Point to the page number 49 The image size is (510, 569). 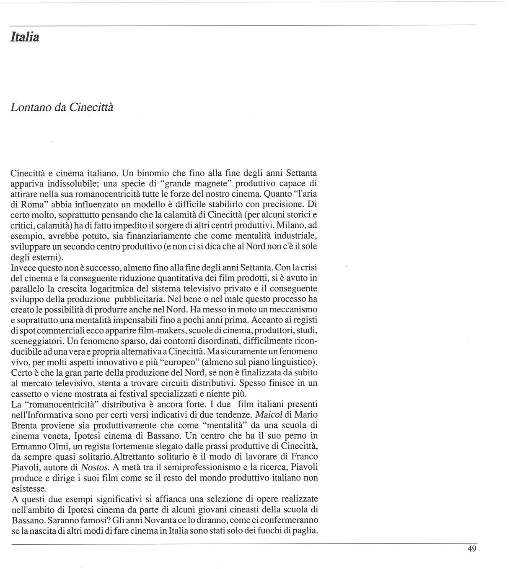[x=471, y=549]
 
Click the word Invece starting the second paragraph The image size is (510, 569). [x=23, y=268]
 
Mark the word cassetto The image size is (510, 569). [x=26, y=394]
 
